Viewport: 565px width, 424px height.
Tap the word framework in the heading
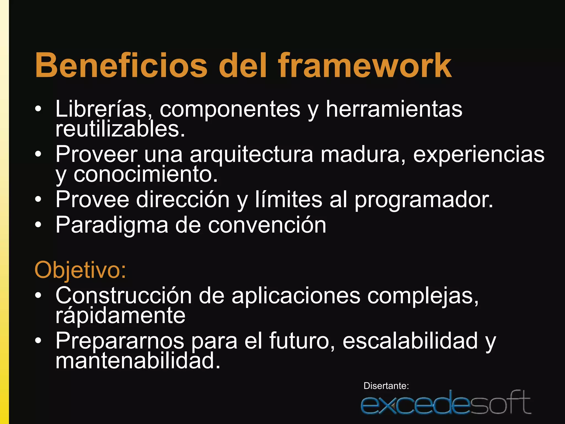[365, 66]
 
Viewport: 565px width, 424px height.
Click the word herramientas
[394, 109]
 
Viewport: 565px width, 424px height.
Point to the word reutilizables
[120, 129]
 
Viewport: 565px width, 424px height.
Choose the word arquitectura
[251, 155]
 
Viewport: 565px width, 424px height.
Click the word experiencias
[479, 155]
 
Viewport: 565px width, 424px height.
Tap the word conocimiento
[145, 174]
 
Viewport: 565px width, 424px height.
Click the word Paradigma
[112, 225]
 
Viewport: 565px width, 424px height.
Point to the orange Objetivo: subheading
[80, 270]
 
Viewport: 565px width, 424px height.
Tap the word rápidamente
[120, 316]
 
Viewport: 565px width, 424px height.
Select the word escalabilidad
[410, 341]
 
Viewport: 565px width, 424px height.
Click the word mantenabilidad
[138, 361]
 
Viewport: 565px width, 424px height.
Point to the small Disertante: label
[386, 386]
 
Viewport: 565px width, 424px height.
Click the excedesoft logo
[446, 403]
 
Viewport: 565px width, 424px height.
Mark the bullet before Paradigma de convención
[38, 225]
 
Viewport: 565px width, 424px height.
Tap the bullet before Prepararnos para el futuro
[38, 341]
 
